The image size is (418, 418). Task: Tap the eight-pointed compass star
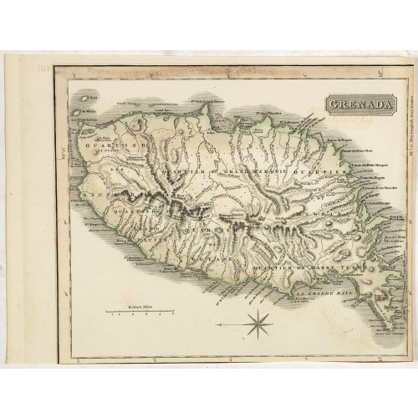(259, 323)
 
